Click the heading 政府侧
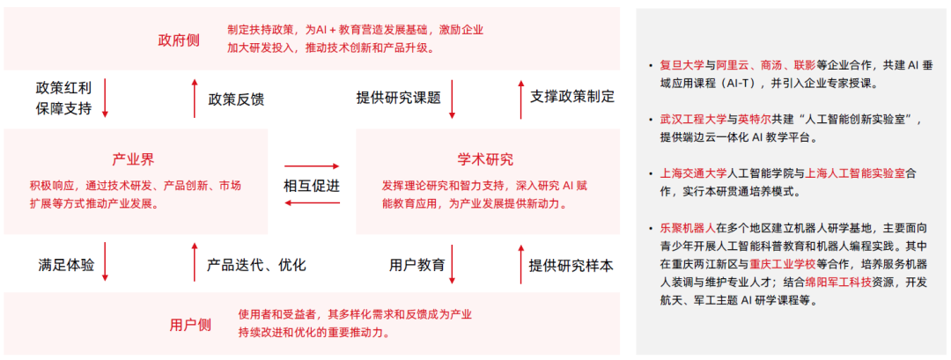(179, 40)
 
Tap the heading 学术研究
(484, 159)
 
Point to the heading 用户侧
(190, 325)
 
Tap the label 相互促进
(312, 186)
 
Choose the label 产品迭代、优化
(256, 264)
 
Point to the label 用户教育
(417, 264)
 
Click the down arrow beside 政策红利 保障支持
(106, 98)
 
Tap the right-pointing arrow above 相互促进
(312, 166)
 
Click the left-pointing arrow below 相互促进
(312, 204)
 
